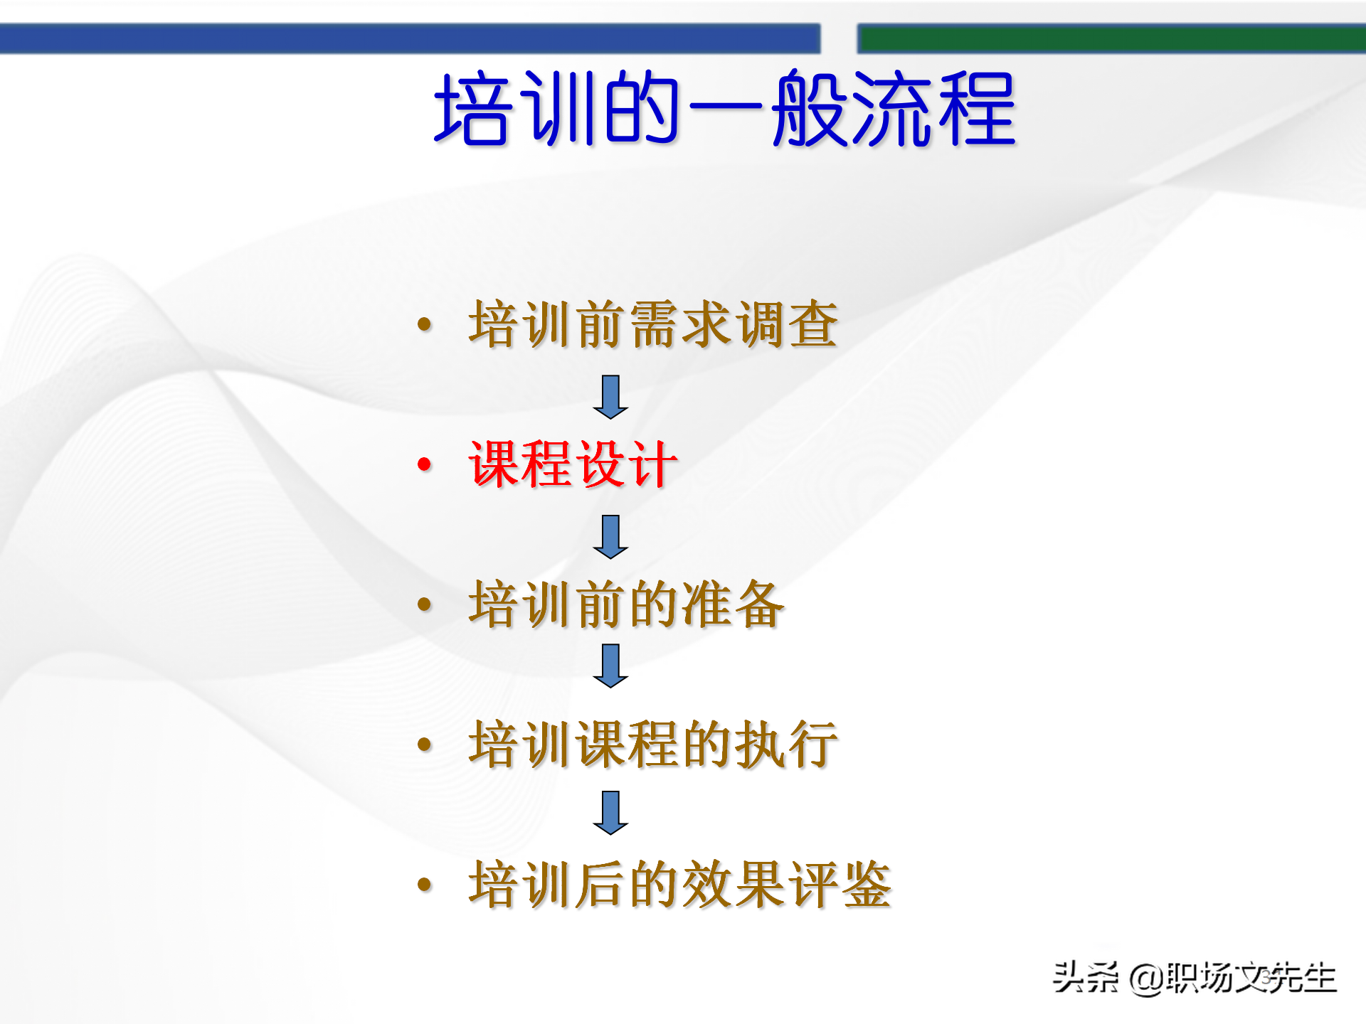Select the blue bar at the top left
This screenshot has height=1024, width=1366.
tap(409, 38)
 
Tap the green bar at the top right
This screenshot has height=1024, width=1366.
tap(1110, 38)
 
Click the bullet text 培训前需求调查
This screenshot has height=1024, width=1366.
tap(652, 324)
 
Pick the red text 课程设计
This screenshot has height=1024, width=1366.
tap(572, 464)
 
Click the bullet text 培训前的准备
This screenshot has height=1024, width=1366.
tap(626, 604)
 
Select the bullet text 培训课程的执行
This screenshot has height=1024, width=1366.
tap(652, 745)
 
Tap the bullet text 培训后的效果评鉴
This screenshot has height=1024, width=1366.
tap(679, 885)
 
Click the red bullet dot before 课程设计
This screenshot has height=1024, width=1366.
tap(425, 465)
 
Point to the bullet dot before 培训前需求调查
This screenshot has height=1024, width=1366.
tap(425, 325)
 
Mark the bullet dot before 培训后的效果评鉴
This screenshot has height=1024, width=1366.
tap(425, 885)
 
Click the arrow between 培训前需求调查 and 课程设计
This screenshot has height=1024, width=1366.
tap(610, 397)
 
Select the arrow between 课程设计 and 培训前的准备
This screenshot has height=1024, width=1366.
tap(610, 537)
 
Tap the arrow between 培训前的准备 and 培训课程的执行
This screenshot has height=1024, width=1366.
tap(610, 666)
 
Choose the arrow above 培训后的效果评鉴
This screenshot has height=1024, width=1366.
tap(610, 812)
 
